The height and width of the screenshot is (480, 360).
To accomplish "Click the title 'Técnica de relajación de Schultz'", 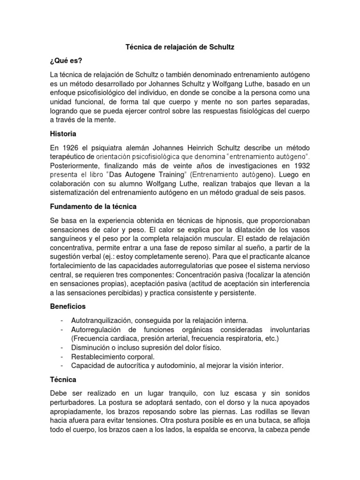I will point(180,47).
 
